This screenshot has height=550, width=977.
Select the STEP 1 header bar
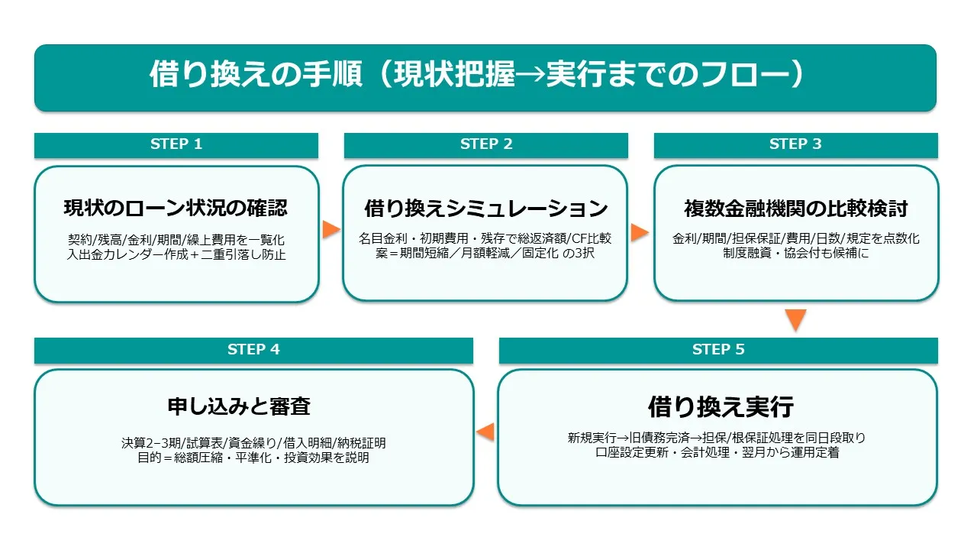click(176, 144)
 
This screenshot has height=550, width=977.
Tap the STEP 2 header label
click(485, 144)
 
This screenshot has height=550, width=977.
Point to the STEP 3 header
click(795, 144)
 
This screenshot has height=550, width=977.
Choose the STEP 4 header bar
click(253, 350)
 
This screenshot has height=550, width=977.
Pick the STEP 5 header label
click(718, 350)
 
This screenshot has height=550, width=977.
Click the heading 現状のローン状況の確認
click(176, 208)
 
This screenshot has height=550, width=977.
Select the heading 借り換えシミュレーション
click(485, 208)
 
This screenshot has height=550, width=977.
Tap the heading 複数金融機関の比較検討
click(796, 208)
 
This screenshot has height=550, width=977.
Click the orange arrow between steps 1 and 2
click(331, 229)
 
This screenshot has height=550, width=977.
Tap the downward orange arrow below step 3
click(796, 319)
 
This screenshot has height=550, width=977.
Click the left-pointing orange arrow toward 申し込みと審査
click(485, 433)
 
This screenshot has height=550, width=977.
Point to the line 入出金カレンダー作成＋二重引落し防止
click(176, 254)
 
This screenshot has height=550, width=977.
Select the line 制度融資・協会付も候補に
click(796, 253)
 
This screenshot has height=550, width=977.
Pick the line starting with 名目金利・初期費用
click(485, 238)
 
